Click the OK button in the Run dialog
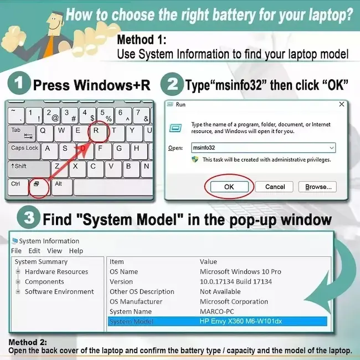click(x=229, y=187)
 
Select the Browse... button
click(x=318, y=187)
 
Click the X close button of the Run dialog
click(x=342, y=104)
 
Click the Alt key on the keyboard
click(x=59, y=184)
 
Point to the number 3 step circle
click(x=28, y=218)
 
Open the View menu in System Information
click(x=54, y=251)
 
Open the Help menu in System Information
click(x=76, y=251)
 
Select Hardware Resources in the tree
click(x=56, y=271)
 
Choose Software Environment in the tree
click(x=59, y=291)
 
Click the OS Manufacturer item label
click(x=136, y=301)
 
